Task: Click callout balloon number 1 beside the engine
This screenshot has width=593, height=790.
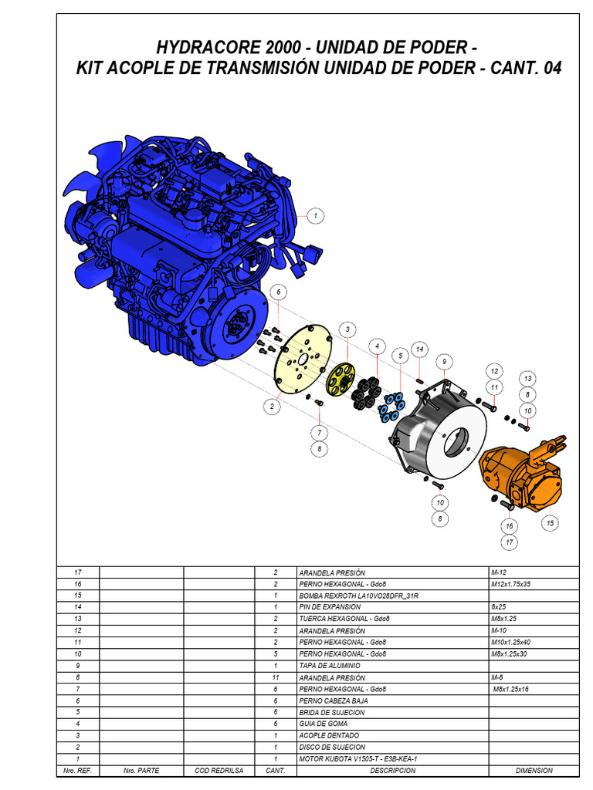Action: pos(315,216)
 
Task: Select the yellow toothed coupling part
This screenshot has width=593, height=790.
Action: pos(340,379)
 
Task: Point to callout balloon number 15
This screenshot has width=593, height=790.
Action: pos(551,523)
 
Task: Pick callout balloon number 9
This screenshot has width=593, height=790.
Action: pos(444,361)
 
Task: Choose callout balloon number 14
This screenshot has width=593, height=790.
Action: pos(420,349)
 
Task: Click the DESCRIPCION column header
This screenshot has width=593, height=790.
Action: pos(392,771)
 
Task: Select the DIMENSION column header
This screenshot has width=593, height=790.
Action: pos(534,771)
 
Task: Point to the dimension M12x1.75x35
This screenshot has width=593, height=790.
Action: pos(511,584)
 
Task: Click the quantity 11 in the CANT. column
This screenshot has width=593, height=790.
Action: pos(275,677)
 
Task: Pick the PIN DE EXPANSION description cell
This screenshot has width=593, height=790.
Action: pos(330,608)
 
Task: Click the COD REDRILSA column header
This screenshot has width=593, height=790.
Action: pos(219,771)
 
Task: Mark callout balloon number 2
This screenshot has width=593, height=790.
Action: pos(273,407)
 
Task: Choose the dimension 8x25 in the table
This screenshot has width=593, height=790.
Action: pos(500,608)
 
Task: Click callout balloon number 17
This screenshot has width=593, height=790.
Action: pos(510,542)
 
